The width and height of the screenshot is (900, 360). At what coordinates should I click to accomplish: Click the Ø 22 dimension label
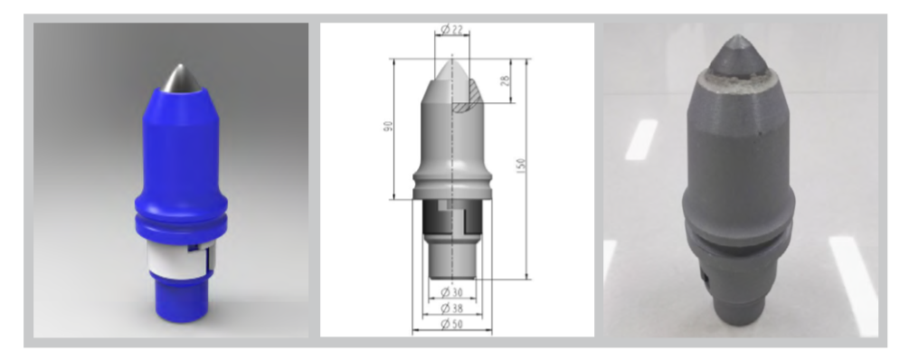451,29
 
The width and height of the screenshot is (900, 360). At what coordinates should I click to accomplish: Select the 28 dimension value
505,81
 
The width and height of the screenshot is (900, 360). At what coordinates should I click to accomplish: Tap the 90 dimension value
389,127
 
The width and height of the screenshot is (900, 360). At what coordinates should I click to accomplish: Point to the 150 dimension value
521,166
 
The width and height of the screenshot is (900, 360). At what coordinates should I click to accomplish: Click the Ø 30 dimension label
451,292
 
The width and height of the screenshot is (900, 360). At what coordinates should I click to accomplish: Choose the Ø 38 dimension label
451,308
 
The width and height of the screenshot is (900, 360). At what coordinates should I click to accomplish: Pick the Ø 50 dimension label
451,325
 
